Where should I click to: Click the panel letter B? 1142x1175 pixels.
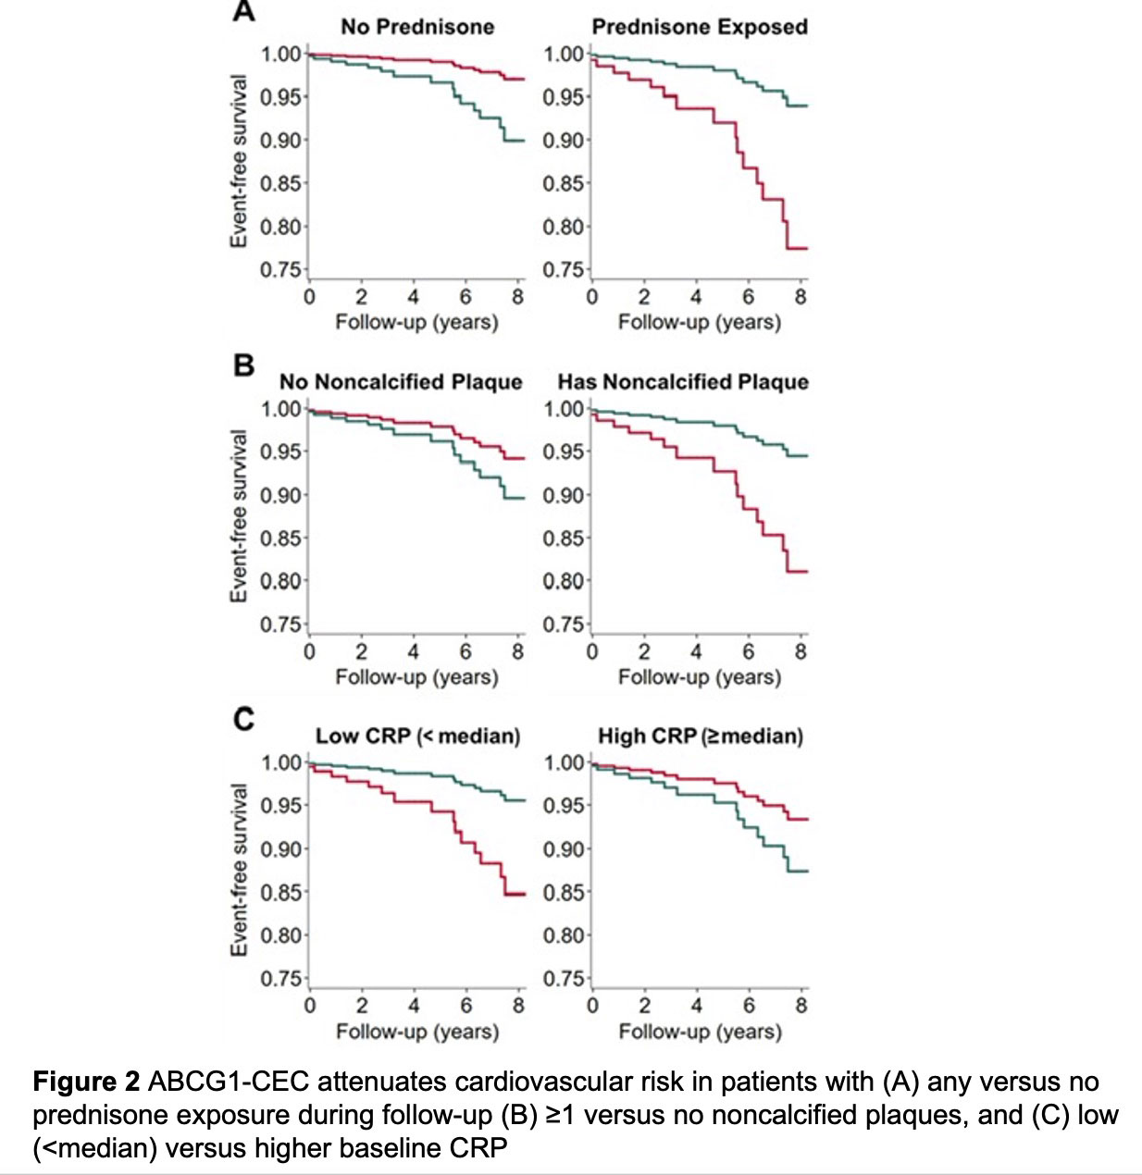point(243,365)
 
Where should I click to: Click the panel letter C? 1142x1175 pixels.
point(243,719)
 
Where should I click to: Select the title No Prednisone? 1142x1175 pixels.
point(417,27)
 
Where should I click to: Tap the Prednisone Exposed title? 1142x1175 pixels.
point(700,27)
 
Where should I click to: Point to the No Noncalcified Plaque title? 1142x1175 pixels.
point(401,382)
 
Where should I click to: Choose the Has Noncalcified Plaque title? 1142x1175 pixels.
point(683,382)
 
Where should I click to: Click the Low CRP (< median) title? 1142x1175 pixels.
point(417,736)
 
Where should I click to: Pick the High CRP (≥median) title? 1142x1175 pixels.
point(701,736)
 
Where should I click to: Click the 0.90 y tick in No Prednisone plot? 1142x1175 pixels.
point(280,141)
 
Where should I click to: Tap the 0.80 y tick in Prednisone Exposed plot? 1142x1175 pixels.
point(564,227)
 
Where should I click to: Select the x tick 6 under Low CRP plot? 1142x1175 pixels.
point(466,1006)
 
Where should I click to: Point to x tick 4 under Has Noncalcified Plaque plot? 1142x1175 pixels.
point(696,651)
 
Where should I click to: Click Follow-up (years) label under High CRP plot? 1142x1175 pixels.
point(700,1032)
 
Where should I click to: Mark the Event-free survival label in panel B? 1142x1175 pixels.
point(239,516)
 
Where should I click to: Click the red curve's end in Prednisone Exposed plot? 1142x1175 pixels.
point(805,248)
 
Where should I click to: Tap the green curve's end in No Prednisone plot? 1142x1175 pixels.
point(523,141)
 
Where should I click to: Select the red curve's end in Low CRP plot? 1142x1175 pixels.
point(523,894)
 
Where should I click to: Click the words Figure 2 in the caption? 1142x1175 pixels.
point(87,1082)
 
